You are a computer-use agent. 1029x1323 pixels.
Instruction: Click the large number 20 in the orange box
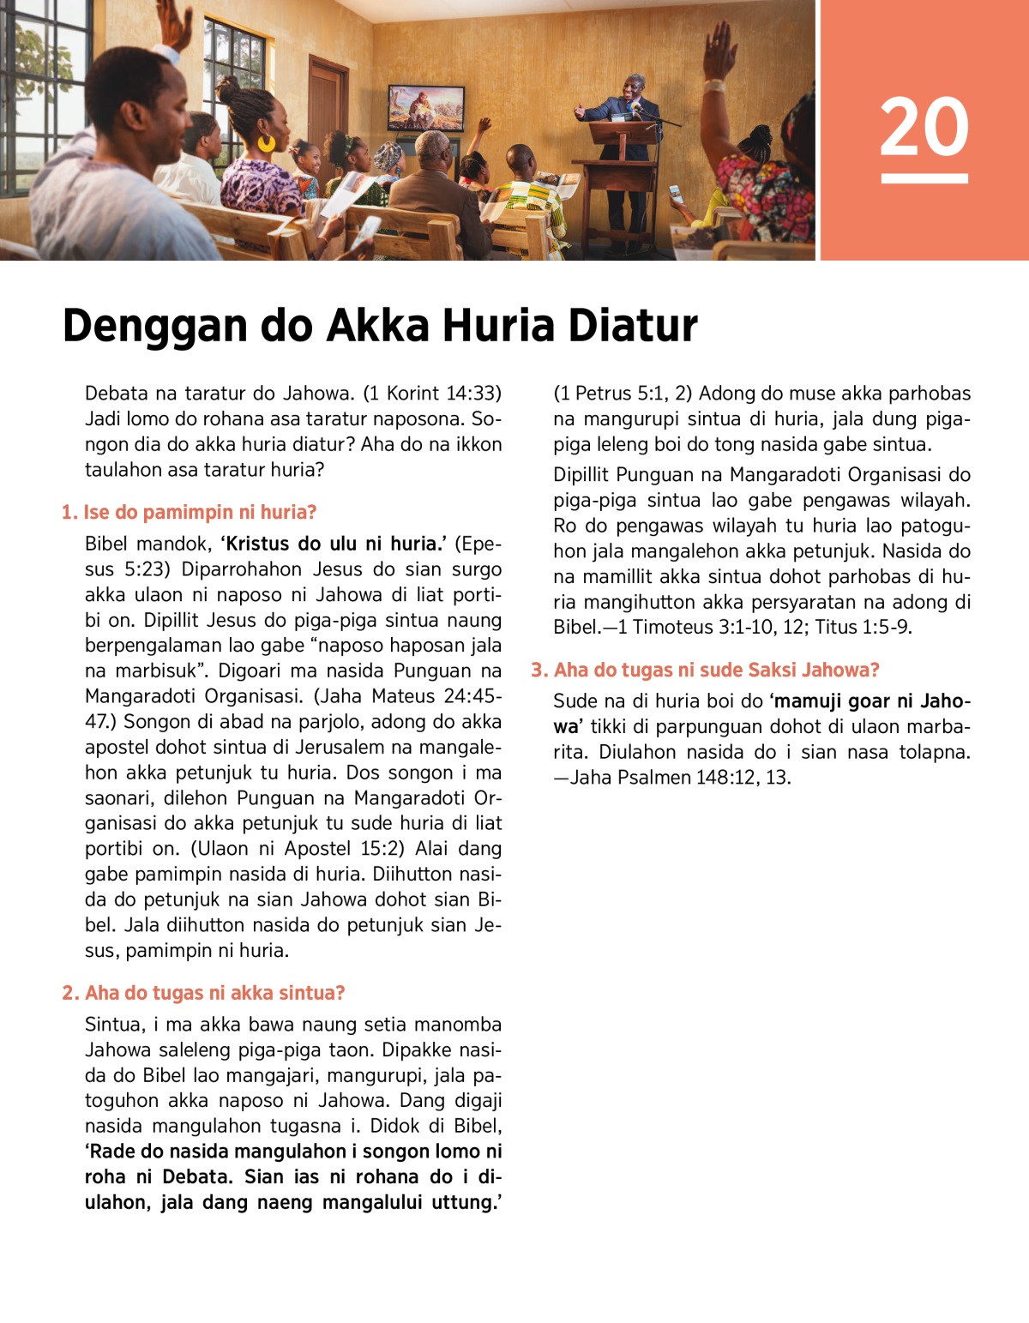(924, 126)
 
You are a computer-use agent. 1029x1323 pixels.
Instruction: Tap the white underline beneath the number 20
(924, 178)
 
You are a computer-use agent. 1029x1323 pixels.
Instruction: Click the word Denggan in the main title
(154, 327)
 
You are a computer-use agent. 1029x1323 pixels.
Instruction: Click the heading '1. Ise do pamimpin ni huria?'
(189, 513)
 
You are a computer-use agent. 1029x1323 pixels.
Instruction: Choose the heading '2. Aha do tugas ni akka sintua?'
(203, 993)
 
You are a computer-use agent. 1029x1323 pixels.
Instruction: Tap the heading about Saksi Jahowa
(705, 671)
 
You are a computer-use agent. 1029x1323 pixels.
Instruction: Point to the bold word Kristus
(259, 544)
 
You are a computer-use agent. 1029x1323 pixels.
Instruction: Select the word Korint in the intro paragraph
(412, 394)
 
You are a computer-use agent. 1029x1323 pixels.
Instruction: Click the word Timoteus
(680, 627)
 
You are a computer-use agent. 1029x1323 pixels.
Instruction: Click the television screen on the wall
(426, 108)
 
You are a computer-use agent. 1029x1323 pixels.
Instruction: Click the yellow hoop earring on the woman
(267, 142)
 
